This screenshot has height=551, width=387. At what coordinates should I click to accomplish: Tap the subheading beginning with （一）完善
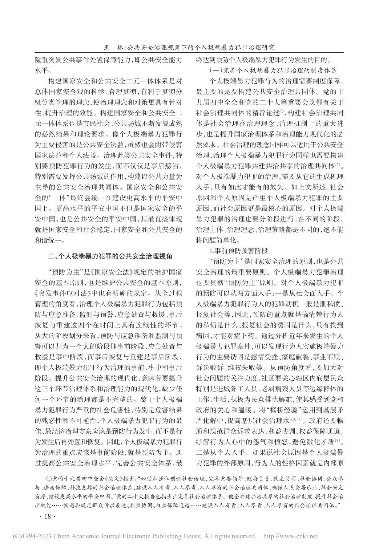273,70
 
